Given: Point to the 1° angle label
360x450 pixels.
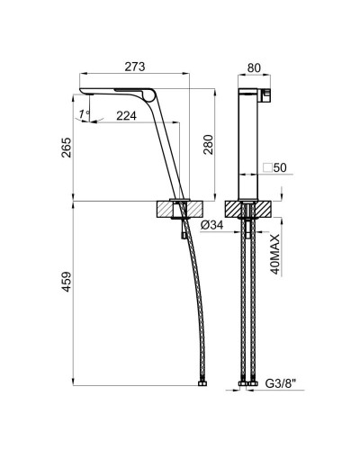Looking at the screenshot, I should click(x=84, y=113).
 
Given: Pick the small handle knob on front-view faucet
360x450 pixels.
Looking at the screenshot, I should click(x=265, y=94).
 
